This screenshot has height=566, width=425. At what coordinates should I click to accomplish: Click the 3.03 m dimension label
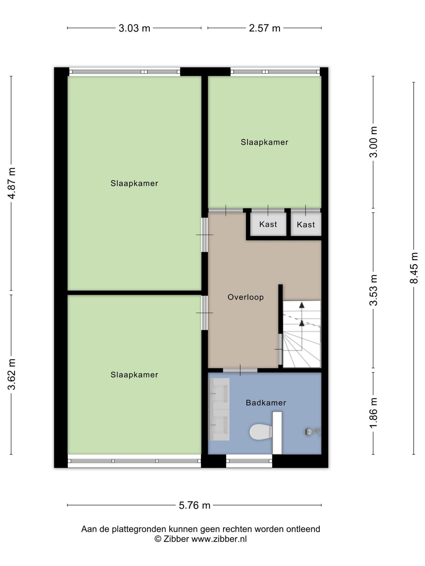(134, 28)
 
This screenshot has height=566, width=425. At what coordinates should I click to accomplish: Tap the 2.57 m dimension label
(265, 28)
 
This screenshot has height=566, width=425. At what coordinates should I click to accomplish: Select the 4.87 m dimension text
(12, 183)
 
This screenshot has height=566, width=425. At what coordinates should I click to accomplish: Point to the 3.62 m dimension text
(12, 374)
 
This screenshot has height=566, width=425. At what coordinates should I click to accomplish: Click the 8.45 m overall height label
(414, 268)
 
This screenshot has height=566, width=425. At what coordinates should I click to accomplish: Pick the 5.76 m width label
(194, 505)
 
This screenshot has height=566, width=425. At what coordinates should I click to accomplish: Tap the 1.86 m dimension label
(373, 413)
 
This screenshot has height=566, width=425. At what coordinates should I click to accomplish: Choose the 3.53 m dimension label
(373, 290)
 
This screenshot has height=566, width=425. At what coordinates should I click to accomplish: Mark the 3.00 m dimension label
(373, 142)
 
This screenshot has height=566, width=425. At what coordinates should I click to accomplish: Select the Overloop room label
(246, 297)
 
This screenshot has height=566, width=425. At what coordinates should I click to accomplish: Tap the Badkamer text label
(266, 403)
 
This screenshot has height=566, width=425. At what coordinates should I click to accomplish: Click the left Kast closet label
(268, 224)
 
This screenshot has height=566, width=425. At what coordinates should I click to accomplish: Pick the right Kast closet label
(306, 225)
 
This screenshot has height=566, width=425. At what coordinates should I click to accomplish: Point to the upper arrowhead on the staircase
(302, 305)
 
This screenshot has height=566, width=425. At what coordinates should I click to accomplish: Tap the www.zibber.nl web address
(219, 539)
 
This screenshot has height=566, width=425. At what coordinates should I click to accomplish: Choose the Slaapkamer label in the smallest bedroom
(265, 142)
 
